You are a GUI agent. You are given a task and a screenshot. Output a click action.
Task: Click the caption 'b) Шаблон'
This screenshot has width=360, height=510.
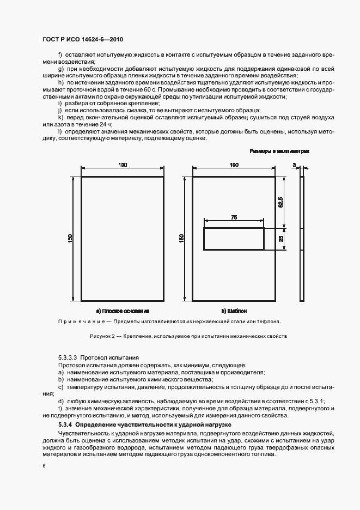coord(234,311)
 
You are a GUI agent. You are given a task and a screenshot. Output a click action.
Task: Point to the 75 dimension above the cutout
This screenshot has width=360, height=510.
coord(234,217)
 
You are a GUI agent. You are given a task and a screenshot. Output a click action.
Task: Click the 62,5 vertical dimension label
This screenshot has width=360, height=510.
coord(280,202)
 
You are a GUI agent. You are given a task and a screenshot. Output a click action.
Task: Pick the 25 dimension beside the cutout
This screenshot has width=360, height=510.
coord(280,239)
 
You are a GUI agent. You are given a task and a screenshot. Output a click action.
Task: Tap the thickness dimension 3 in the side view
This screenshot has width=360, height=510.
coord(294,165)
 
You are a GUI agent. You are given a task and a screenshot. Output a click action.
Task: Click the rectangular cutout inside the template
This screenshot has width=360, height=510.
coord(234,239)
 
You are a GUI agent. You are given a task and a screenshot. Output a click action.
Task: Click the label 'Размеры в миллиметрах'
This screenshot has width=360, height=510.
coord(279,151)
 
